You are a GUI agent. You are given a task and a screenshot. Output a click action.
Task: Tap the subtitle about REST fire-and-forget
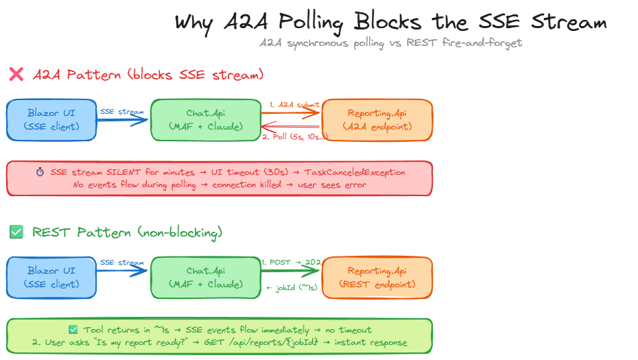[x=390, y=43]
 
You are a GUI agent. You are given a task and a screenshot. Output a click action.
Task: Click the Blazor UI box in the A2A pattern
[x=51, y=120]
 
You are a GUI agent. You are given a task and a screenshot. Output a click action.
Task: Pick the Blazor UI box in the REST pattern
[x=51, y=278]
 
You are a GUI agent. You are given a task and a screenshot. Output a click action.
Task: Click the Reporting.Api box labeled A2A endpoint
[x=377, y=120]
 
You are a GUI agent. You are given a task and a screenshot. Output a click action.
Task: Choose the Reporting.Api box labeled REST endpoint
[x=377, y=278]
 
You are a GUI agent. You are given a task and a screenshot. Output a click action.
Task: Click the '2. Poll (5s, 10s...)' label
[x=296, y=136]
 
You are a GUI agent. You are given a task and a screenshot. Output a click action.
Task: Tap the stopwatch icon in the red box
[x=40, y=172]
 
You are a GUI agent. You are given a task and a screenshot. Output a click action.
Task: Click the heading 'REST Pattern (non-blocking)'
[x=127, y=232]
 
